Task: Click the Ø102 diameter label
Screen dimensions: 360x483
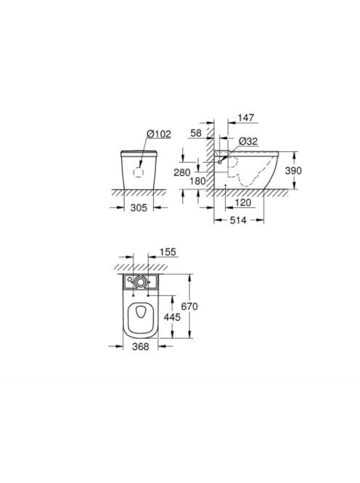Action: point(159,134)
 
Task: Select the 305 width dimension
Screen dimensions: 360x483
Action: point(139,208)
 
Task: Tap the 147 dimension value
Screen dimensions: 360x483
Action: point(246,118)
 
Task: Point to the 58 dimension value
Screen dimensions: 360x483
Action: point(196,133)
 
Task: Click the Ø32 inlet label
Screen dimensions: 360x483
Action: point(248,141)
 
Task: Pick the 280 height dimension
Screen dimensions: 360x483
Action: point(182,172)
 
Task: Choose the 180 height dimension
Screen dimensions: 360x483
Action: point(197,181)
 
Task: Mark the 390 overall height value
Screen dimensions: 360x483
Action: point(293,170)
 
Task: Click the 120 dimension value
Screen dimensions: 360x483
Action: point(243,203)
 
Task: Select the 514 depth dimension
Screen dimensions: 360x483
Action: point(238,220)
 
